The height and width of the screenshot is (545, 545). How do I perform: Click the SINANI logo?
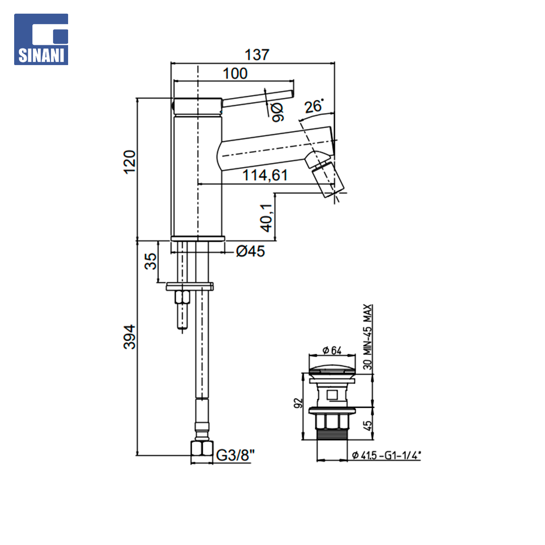[x=41, y=39]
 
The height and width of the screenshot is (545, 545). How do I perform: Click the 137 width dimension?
[x=257, y=54]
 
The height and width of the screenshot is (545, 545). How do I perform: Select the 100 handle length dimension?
[x=235, y=73]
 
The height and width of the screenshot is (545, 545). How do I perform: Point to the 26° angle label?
[x=313, y=106]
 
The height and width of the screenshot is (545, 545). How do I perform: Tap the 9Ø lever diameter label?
[x=278, y=112]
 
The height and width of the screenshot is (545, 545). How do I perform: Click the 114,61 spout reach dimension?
[x=265, y=175]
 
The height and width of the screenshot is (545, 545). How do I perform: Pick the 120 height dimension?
[x=130, y=162]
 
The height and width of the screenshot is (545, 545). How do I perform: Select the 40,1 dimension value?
[x=266, y=218]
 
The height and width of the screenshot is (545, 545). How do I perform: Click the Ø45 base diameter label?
[x=250, y=251]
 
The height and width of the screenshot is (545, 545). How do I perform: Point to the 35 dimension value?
[x=150, y=261]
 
